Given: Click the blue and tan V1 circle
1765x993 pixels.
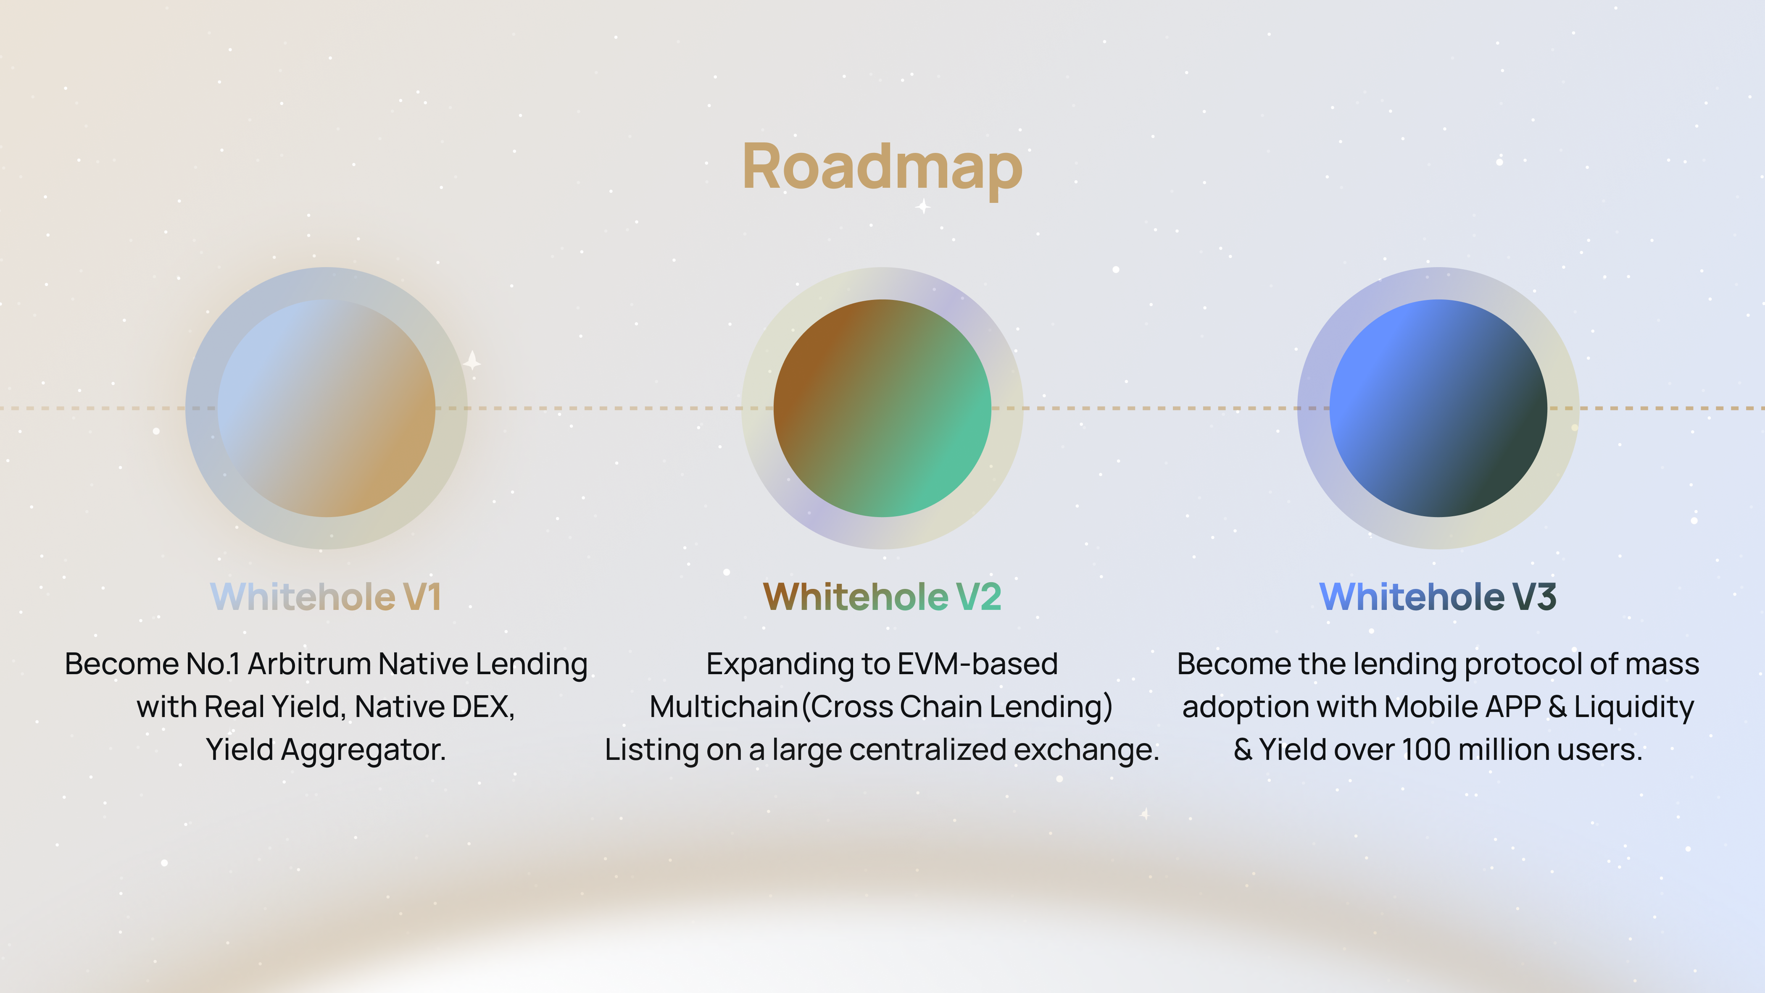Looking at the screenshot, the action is pyautogui.click(x=326, y=408).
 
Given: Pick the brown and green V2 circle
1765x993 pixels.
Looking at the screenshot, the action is pyautogui.click(x=882, y=408).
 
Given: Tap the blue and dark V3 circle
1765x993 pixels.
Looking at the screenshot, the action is pyautogui.click(x=1438, y=408).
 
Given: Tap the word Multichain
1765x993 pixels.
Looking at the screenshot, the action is pyautogui.click(x=724, y=707).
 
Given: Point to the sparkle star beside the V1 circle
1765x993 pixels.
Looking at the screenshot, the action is pyautogui.click(x=472, y=361).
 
